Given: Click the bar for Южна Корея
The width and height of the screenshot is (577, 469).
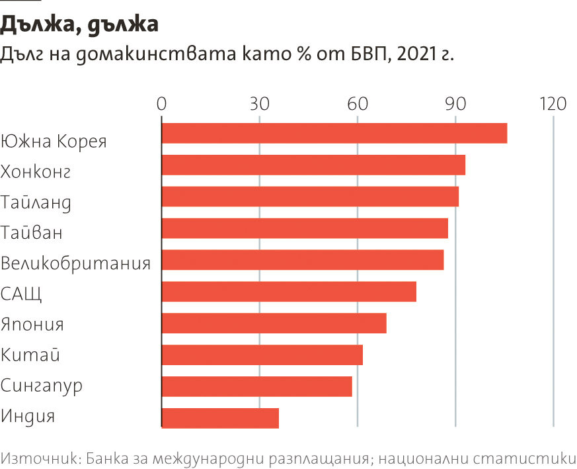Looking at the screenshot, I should coord(334,133).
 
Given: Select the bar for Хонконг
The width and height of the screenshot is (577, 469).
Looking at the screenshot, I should coord(313,165).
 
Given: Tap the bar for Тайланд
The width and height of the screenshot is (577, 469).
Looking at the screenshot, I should coord(310,196).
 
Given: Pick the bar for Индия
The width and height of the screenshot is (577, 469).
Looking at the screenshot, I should coord(220,418).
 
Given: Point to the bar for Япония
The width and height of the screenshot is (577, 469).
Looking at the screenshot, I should coord(274,323).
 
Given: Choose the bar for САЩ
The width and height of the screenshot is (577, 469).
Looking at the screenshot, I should coord(289,292).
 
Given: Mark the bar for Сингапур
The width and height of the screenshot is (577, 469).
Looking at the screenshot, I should coord(257,386).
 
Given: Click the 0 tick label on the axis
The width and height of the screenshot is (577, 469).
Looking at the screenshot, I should coord(162,104).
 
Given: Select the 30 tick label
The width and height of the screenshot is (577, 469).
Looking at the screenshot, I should coord(260,104).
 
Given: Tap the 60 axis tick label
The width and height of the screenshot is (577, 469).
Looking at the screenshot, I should coord(358,104).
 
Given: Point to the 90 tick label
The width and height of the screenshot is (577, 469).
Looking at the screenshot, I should coord(455,104).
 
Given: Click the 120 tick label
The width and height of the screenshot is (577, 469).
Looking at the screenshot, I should coord(553,104).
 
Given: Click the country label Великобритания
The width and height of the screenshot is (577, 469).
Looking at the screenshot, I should coord(75,263).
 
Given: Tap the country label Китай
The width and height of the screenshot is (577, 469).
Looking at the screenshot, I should coord(30,355).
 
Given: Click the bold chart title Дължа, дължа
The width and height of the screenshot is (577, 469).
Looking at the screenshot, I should coord(79,25).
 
